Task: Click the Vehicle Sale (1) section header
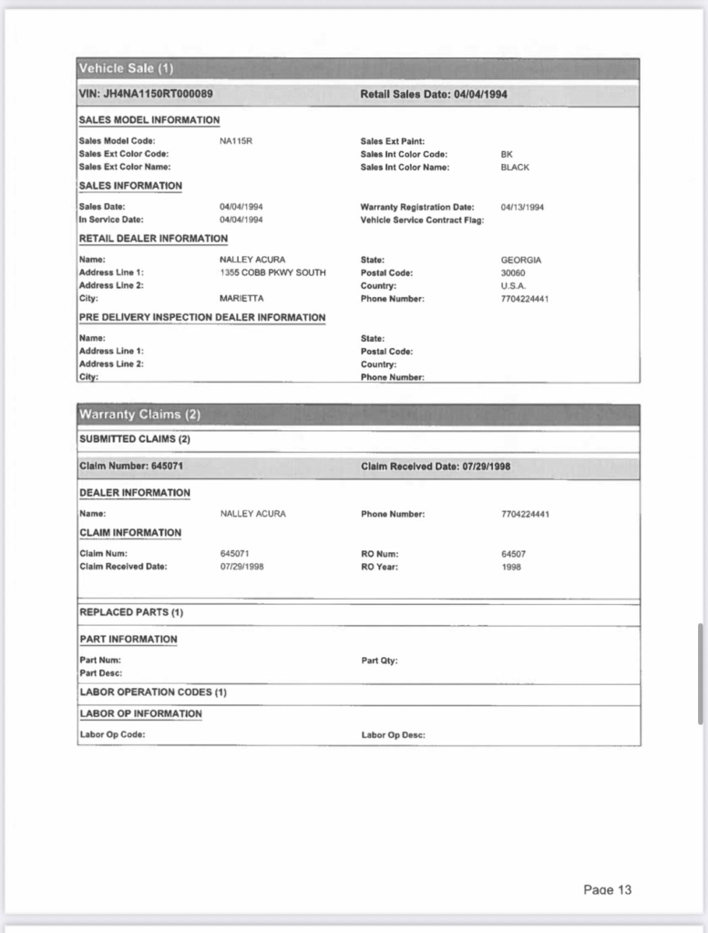pos(126,68)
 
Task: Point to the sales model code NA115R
pos(235,141)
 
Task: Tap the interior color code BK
pos(507,154)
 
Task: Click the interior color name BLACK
pos(515,168)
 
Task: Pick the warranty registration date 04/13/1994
pos(522,207)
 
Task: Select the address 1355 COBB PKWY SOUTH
pos(272,272)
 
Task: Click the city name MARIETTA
pos(241,299)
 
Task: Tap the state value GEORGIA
pos(521,260)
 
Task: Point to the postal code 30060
pos(513,272)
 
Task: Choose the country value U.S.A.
pos(513,285)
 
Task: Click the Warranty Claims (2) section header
pos(139,415)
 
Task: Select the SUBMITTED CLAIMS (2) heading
pos(134,439)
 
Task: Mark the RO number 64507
pos(513,553)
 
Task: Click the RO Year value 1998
pos(510,567)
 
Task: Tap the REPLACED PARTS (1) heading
pos(131,612)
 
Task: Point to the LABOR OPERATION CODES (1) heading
pos(153,692)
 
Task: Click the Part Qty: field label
pos(379,661)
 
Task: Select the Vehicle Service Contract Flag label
pos(422,220)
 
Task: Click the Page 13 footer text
pos(607,890)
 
